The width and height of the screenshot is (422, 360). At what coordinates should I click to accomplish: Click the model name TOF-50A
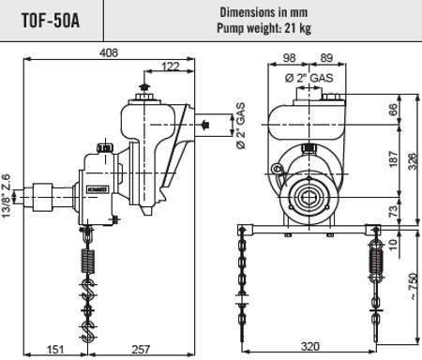point(51,21)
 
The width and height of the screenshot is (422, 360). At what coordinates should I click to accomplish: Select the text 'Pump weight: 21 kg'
point(264,28)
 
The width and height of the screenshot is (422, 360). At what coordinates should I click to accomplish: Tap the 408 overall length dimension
point(109,52)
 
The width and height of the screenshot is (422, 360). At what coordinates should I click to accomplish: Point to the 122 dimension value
point(171,67)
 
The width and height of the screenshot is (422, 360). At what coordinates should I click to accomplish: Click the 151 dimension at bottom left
point(55,349)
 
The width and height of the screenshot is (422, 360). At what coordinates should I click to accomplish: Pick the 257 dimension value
point(141,349)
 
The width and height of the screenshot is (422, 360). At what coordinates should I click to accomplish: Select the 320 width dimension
point(310,346)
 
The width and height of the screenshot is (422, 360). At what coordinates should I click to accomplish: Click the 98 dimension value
point(289,58)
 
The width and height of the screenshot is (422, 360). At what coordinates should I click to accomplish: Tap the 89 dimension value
point(326,58)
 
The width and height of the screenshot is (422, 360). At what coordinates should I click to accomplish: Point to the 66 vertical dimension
point(393,110)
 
